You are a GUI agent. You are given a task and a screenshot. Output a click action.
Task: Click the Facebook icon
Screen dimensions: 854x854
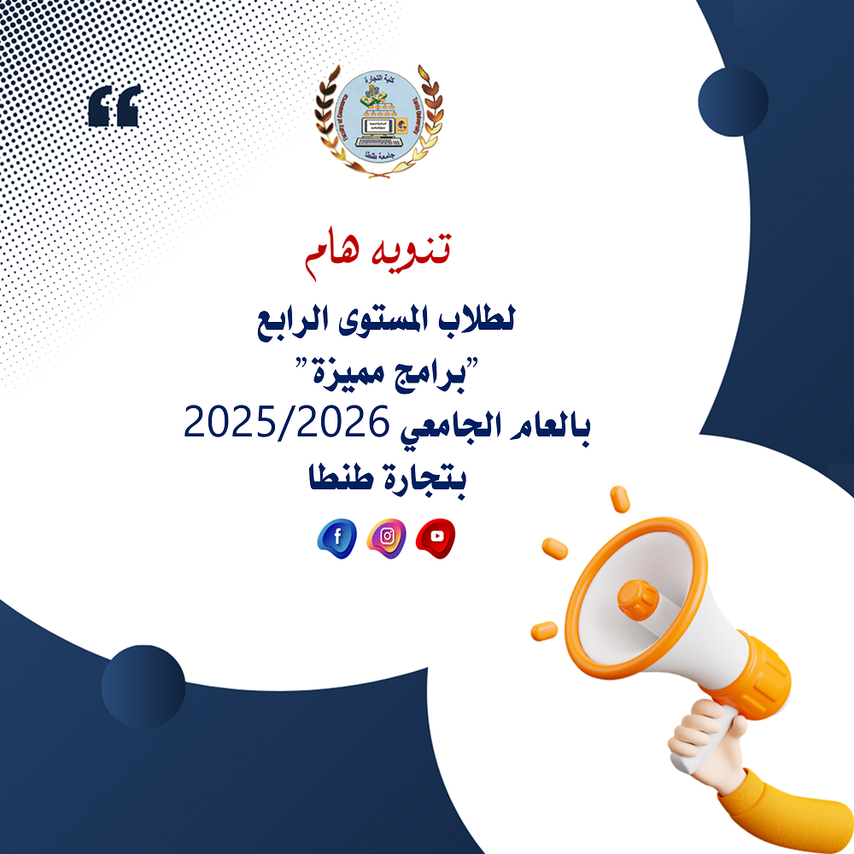point(337,538)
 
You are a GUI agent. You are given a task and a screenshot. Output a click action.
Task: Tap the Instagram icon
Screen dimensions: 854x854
point(387,537)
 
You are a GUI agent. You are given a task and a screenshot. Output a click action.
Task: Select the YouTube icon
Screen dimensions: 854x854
point(436,537)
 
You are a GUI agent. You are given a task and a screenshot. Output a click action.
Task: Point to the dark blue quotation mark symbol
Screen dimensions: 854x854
point(114,106)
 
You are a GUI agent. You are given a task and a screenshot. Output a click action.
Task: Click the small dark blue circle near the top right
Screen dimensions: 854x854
point(733,101)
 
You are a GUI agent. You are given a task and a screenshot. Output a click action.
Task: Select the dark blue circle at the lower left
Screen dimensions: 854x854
point(143,687)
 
